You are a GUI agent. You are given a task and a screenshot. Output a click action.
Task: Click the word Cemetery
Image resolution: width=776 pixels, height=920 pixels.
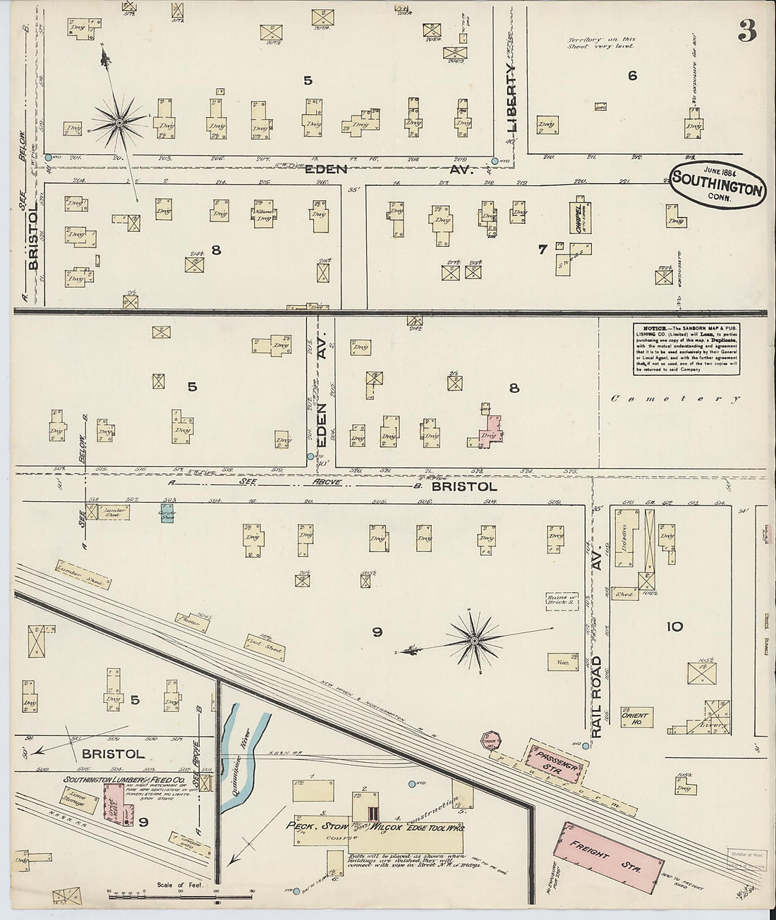[675, 399]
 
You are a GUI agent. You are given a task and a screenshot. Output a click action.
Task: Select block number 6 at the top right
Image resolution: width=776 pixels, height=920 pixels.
[632, 75]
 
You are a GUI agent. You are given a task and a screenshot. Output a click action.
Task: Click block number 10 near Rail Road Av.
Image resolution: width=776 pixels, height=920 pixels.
[675, 626]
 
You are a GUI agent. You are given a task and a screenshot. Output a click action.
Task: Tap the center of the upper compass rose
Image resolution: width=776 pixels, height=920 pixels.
[120, 123]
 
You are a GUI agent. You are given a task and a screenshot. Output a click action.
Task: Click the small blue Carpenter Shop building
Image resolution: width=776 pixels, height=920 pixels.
[168, 513]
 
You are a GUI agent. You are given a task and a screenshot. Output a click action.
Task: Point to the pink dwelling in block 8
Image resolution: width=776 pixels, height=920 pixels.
[489, 431]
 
